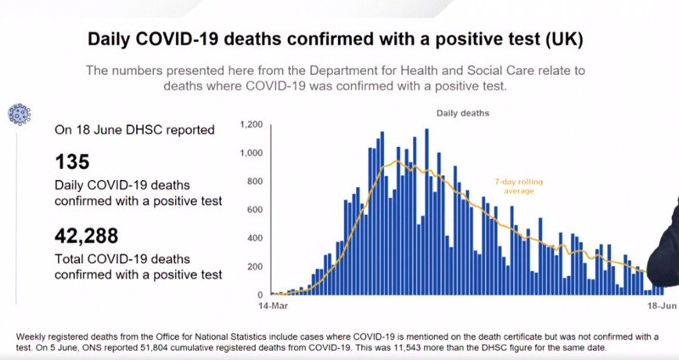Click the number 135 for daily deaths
pyautogui.click(x=73, y=162)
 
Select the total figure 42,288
pyautogui.click(x=86, y=236)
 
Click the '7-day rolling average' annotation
pyautogui.click(x=518, y=186)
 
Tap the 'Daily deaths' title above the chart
pyautogui.click(x=463, y=113)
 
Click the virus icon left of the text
pyautogui.click(x=18, y=114)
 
